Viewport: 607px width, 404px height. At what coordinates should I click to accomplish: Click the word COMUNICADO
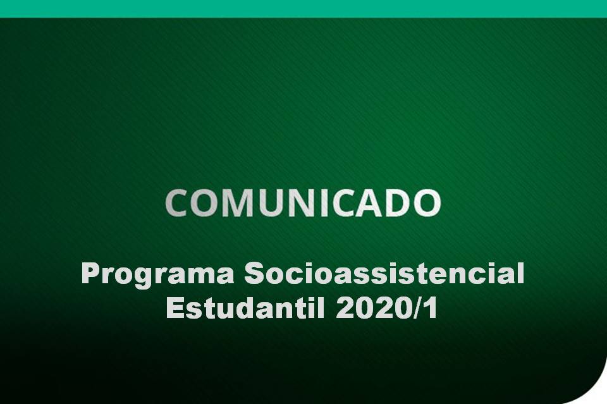[303, 203]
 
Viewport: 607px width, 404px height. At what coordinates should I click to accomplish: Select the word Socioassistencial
[384, 275]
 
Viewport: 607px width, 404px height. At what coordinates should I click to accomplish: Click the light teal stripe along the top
[303, 8]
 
